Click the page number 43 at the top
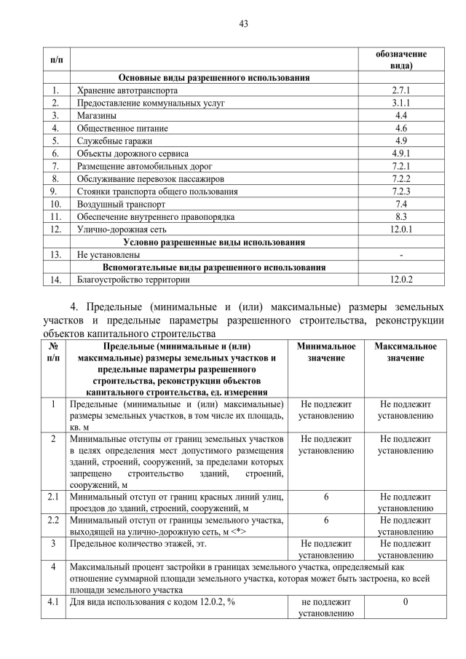(x=244, y=23)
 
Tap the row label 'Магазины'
(x=96, y=115)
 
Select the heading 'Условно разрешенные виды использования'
(x=214, y=242)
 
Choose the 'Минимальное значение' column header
(x=326, y=352)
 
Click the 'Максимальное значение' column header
(x=406, y=352)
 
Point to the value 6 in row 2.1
(x=326, y=497)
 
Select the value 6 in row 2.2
(x=326, y=521)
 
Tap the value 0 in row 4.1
(x=406, y=602)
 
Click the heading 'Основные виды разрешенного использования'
(x=214, y=77)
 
